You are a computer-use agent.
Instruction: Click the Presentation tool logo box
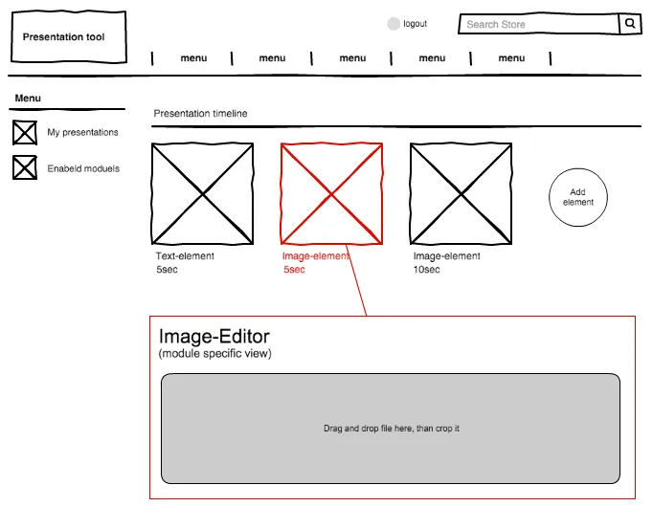click(69, 37)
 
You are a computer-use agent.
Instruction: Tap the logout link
click(415, 24)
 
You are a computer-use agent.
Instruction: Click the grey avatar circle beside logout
click(394, 24)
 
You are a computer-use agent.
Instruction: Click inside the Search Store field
click(538, 24)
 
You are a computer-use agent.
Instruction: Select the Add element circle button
click(578, 197)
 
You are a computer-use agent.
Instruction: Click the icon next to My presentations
click(25, 133)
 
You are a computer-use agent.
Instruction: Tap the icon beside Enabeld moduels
click(25, 167)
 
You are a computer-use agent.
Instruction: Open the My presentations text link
click(82, 132)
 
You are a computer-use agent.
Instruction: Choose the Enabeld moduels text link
click(83, 168)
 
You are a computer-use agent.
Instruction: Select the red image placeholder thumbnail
click(331, 194)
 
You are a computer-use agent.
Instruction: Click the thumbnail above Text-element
click(202, 194)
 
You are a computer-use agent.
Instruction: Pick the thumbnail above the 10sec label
click(461, 194)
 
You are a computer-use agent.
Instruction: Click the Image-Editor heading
click(214, 337)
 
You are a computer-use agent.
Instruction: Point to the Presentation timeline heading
click(200, 114)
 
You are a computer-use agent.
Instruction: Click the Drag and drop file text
click(392, 429)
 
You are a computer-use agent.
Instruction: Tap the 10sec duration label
click(426, 270)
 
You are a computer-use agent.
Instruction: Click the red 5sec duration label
click(294, 270)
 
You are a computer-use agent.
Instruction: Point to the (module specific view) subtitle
click(214, 354)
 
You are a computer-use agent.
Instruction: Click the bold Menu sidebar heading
click(28, 99)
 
